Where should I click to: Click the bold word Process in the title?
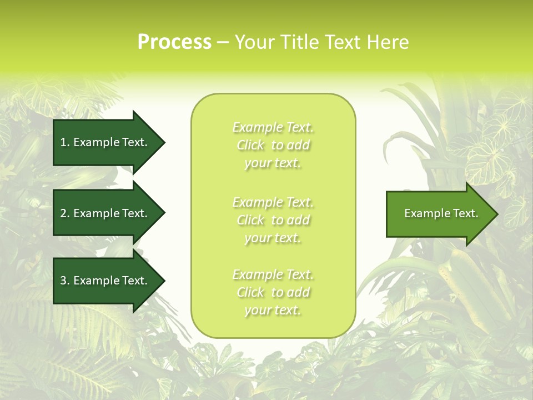[174, 42]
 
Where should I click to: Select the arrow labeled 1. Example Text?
[105, 142]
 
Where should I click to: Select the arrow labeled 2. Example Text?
[105, 213]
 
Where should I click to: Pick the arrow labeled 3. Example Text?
[105, 281]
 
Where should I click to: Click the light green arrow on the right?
[439, 214]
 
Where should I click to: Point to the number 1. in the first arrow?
[65, 142]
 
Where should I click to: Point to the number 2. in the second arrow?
[65, 213]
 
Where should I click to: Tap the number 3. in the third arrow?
[65, 281]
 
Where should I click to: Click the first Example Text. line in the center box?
[273, 128]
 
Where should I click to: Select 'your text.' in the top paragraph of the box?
[273, 163]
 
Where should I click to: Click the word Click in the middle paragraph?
[250, 220]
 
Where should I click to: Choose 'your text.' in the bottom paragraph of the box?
[273, 310]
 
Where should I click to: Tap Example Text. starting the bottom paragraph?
[273, 274]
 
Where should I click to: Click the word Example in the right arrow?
[424, 213]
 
